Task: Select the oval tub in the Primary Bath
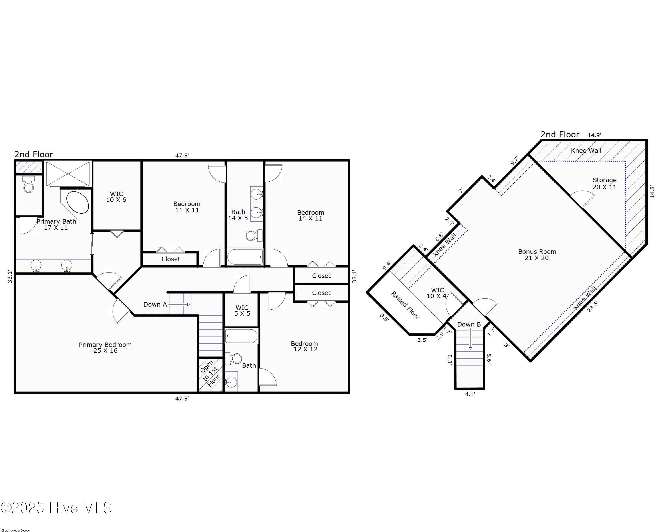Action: tap(78, 202)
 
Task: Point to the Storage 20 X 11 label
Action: tap(604, 183)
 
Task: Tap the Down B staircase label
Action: tap(469, 324)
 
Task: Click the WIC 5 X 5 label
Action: tap(242, 311)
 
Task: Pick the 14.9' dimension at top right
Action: tap(594, 135)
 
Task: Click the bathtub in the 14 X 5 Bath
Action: tap(245, 257)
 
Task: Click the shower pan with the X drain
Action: tap(68, 174)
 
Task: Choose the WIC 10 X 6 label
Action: tap(116, 197)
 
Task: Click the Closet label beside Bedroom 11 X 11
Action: tap(171, 259)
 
